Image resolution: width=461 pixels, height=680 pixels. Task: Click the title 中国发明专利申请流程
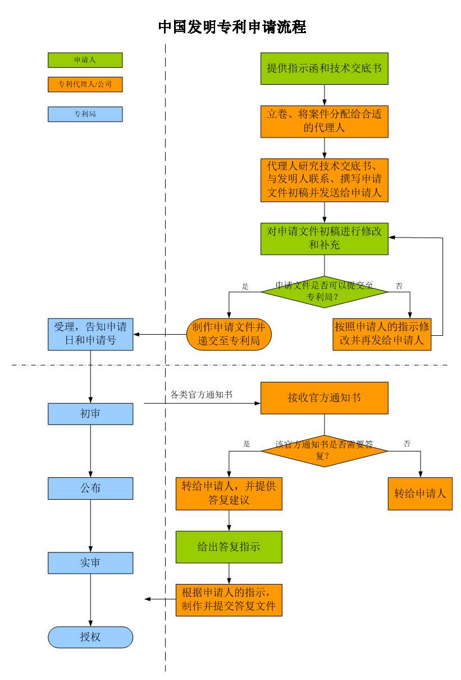(x=232, y=27)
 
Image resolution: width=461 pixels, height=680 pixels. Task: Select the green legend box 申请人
(x=85, y=60)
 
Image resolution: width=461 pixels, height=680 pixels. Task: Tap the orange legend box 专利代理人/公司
(x=85, y=84)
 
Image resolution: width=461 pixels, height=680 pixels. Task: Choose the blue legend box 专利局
(x=85, y=114)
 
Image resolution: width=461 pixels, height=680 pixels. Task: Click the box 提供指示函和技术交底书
(x=325, y=69)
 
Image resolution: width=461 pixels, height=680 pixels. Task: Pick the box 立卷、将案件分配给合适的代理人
(x=325, y=121)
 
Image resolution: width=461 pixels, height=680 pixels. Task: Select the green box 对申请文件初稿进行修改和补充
(x=325, y=239)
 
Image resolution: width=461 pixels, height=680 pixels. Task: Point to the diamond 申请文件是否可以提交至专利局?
(x=325, y=292)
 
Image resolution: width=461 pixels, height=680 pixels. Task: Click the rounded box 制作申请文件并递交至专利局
(x=229, y=334)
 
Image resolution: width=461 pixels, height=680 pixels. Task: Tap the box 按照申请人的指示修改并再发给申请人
(x=382, y=334)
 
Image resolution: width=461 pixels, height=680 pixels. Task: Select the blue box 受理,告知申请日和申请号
(x=90, y=334)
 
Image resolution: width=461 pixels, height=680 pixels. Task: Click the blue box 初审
(x=90, y=414)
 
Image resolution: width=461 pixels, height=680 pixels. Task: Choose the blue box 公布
(x=90, y=489)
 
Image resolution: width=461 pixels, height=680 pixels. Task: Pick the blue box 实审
(x=90, y=563)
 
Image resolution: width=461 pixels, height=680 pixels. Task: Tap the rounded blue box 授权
(x=90, y=637)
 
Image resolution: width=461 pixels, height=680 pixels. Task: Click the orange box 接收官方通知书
(x=325, y=398)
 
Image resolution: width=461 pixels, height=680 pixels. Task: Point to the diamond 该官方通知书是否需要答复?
(x=325, y=451)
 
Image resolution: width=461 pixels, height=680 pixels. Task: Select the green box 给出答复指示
(x=229, y=547)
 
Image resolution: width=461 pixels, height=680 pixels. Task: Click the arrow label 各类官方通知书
(x=202, y=395)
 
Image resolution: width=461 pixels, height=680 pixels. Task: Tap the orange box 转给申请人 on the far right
(x=420, y=494)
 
